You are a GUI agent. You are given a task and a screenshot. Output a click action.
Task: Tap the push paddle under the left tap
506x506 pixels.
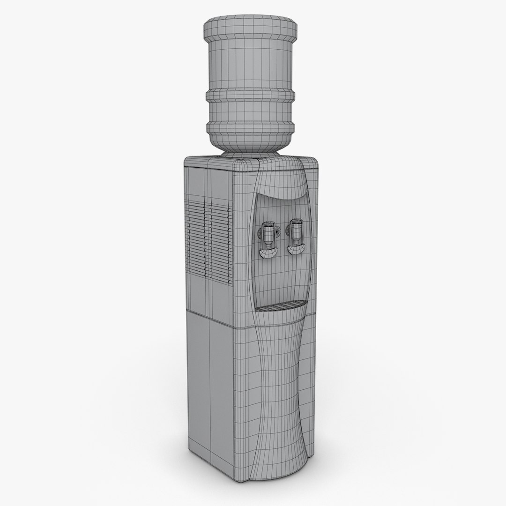(x=268, y=253)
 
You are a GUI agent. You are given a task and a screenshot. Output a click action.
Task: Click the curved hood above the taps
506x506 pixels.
(x=281, y=185)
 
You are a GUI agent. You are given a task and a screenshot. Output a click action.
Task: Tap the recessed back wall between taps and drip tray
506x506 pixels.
(x=281, y=281)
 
